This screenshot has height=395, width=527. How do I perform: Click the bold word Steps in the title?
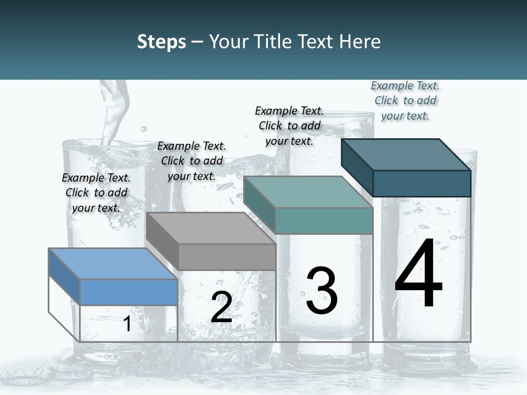tap(161, 42)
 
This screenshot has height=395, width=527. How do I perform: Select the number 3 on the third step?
tap(322, 291)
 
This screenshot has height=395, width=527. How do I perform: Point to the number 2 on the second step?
tap(221, 308)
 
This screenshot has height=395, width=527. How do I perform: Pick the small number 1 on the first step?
tap(127, 324)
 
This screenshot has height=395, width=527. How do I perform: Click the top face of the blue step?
tap(113, 263)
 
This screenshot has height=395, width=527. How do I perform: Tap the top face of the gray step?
tap(211, 228)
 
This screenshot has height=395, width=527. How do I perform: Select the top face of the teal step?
tap(307, 192)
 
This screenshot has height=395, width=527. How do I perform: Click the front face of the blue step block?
tap(128, 292)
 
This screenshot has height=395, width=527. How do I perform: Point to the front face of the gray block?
tap(227, 257)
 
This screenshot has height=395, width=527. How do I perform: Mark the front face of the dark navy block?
tap(422, 183)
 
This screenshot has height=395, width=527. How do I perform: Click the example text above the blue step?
tap(96, 193)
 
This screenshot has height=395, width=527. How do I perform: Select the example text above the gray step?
tap(192, 161)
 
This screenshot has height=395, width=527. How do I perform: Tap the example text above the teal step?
tap(289, 126)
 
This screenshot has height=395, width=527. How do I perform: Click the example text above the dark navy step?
tap(405, 100)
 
